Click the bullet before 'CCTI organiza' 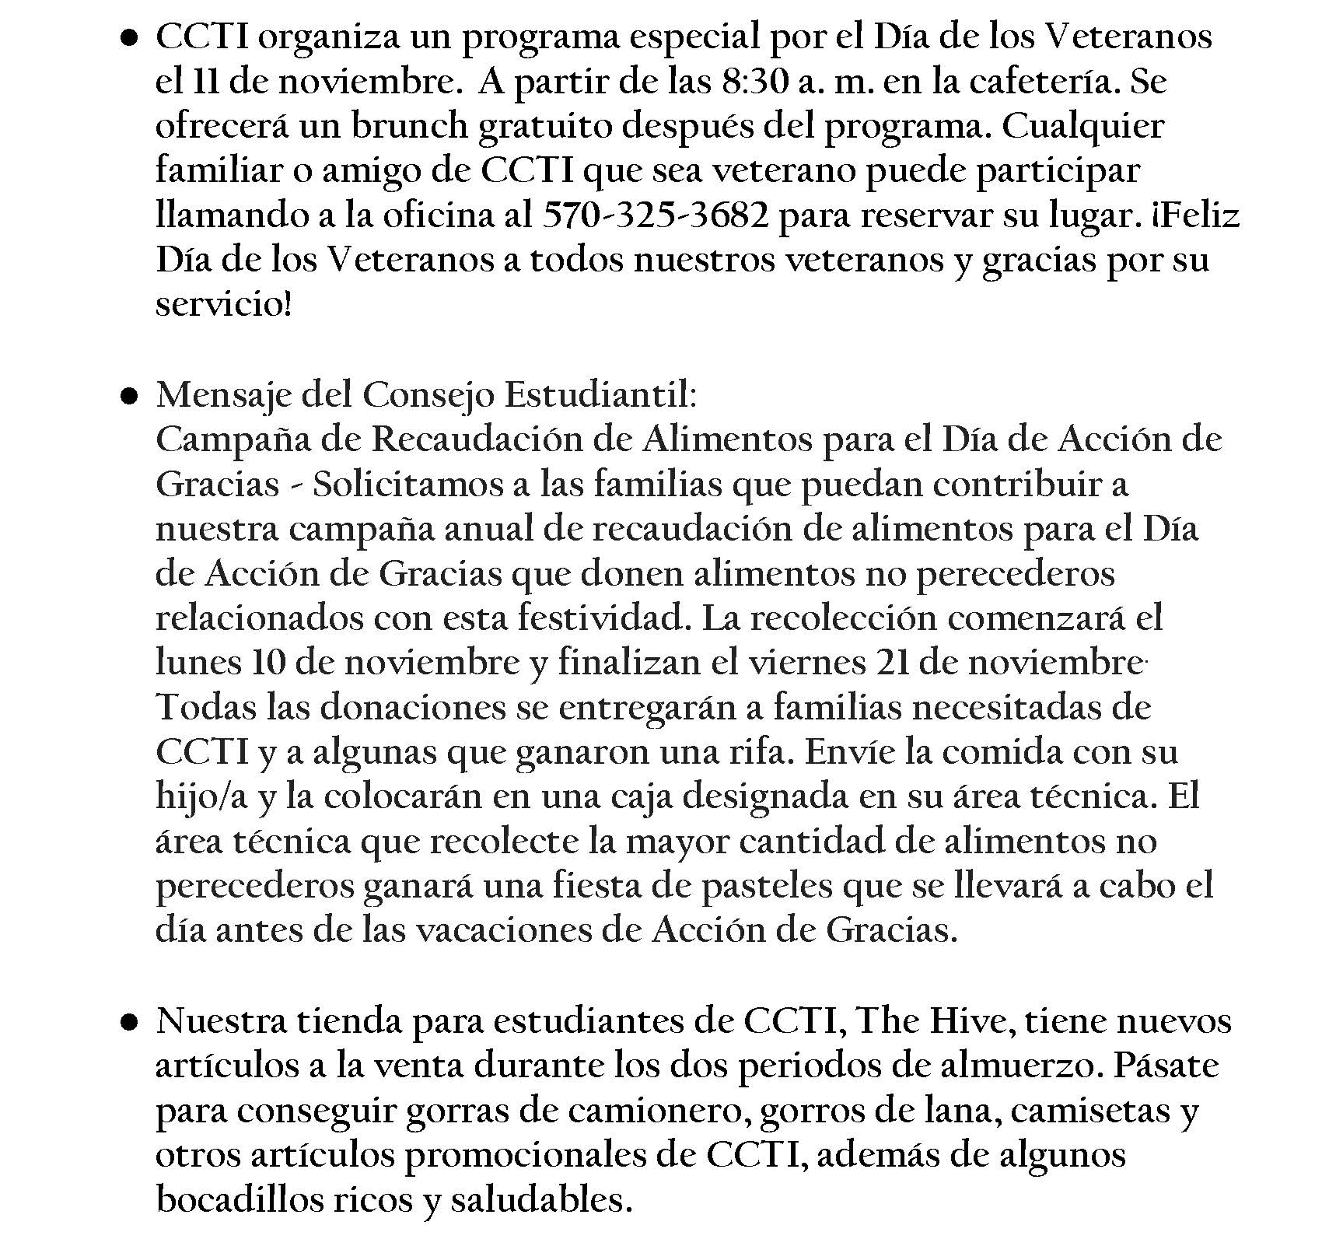(x=131, y=37)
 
